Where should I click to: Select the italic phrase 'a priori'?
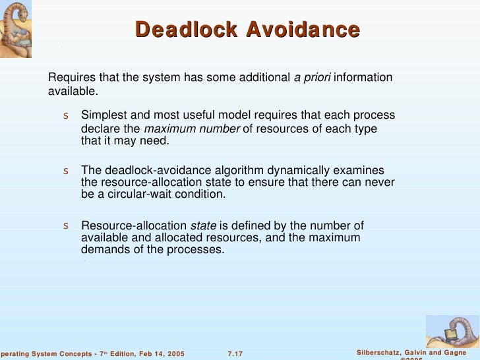point(313,78)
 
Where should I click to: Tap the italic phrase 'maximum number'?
point(192,129)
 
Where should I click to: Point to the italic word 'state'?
point(203,225)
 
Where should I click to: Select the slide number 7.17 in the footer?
point(235,354)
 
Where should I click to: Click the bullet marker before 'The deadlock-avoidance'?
point(66,171)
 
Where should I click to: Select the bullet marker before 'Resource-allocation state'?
point(66,226)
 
